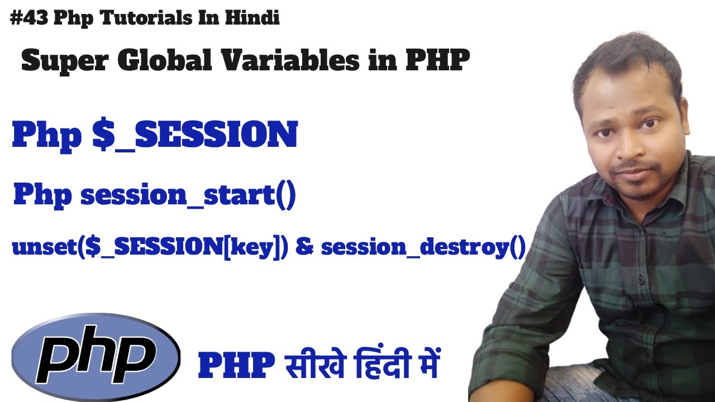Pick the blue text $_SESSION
pyautogui.click(x=195, y=136)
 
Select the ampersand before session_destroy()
pyautogui.click(x=304, y=247)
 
